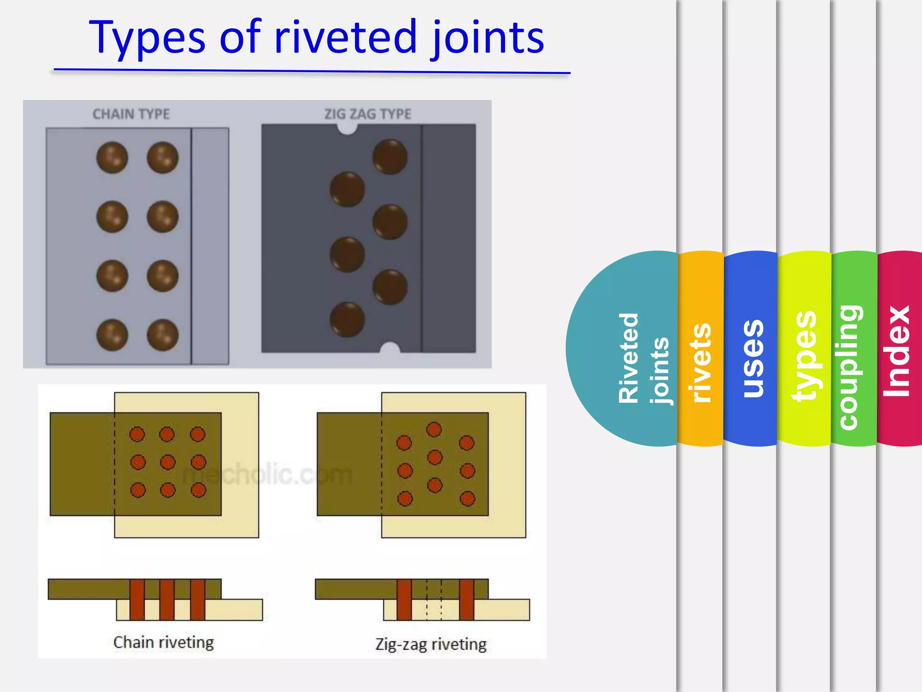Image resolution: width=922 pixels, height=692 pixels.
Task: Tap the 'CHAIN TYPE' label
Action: click(131, 114)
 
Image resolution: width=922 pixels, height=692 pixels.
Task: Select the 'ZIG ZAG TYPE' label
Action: click(368, 114)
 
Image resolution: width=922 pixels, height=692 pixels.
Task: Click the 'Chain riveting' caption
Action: click(163, 642)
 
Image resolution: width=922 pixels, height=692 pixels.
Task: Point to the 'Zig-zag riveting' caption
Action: click(431, 644)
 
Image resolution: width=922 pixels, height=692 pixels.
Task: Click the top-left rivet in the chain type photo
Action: click(112, 158)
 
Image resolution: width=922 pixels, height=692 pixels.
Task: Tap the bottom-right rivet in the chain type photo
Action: click(163, 335)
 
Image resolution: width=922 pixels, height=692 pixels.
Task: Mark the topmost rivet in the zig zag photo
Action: click(390, 157)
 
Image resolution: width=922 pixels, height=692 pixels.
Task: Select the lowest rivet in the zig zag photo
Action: click(347, 319)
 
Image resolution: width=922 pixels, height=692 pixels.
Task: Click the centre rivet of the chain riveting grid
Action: click(167, 462)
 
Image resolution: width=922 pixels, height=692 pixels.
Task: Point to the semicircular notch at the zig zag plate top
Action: click(347, 129)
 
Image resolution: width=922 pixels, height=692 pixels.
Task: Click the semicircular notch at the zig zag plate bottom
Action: click(390, 348)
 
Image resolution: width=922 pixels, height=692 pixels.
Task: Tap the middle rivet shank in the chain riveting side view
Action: click(167, 600)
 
